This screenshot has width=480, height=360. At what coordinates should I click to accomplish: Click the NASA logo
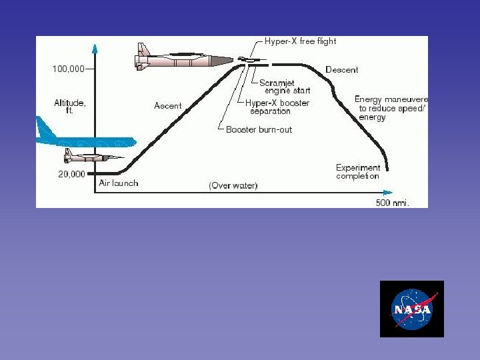coord(411,309)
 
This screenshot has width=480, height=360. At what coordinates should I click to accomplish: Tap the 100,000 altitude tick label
coord(69,68)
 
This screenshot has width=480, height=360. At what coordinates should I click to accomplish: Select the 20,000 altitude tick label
coord(72,174)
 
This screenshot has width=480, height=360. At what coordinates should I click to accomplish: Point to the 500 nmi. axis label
coord(392,202)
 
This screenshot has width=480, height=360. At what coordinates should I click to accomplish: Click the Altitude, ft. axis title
coord(70,107)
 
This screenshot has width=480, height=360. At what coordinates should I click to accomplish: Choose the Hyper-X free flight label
coord(300,41)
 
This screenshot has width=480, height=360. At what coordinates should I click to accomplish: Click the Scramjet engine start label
coord(284,87)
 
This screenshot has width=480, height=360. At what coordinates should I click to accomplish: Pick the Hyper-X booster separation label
coord(277,107)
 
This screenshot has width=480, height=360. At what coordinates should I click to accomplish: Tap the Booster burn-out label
coord(259,129)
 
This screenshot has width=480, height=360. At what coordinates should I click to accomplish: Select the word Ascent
coord(167,105)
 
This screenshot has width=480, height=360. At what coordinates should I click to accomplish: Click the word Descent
coord(341,69)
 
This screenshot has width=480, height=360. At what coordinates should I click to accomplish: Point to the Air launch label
coord(118,183)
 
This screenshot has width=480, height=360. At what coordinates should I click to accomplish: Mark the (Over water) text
coord(233,185)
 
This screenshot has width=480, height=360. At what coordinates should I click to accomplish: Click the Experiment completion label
coord(358,172)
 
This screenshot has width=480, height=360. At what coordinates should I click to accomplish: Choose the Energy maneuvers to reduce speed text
coord(391,108)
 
